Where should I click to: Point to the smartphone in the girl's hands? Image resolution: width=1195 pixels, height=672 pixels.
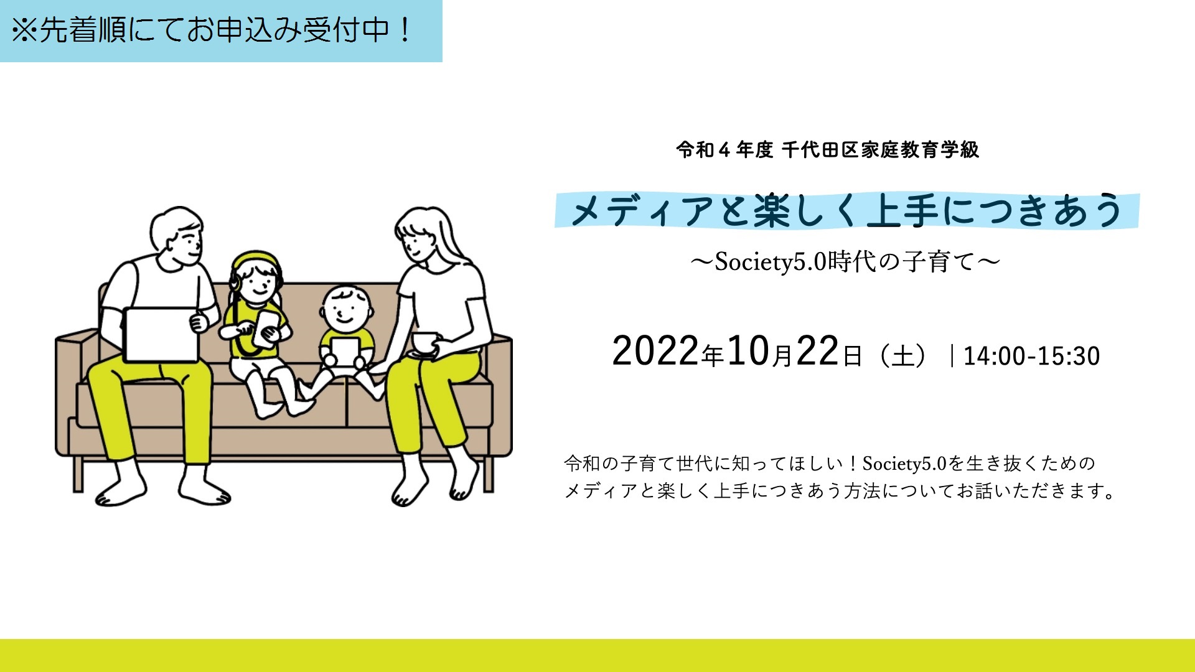tap(266, 327)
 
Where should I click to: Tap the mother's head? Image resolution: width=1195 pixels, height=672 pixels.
tap(418, 235)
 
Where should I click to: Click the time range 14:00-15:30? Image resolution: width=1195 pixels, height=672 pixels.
tap(1031, 356)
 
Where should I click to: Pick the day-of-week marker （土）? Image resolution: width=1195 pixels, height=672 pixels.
tap(902, 356)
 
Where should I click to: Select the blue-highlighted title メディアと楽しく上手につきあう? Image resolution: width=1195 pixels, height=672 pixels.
tap(846, 210)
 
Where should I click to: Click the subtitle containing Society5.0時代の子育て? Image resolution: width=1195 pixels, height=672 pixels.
tap(845, 262)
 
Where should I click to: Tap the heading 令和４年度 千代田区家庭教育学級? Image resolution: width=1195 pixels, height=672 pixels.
tap(828, 150)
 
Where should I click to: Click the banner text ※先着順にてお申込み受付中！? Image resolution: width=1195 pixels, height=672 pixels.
tap(212, 30)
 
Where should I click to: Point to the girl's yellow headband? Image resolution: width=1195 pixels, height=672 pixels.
tap(255, 257)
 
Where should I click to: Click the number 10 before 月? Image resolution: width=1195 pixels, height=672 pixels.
tap(749, 352)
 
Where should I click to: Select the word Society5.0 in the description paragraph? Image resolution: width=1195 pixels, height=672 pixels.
tap(904, 464)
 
